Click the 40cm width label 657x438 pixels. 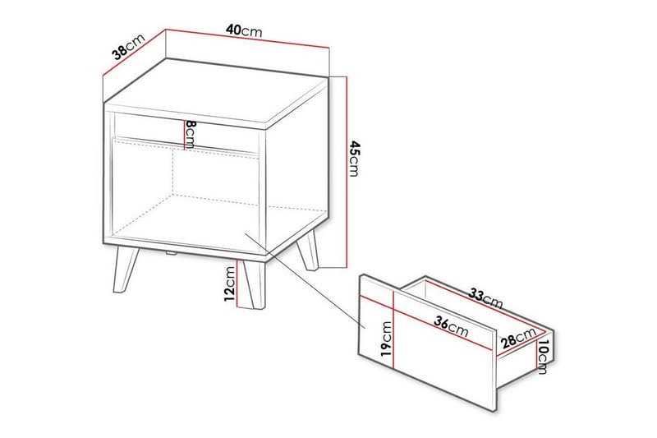[245, 30]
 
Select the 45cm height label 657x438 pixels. [354, 159]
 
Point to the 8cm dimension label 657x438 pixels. [190, 133]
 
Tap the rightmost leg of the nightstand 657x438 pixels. [310, 251]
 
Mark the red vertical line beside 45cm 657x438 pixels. [346, 173]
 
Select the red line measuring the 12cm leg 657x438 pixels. [239, 284]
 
